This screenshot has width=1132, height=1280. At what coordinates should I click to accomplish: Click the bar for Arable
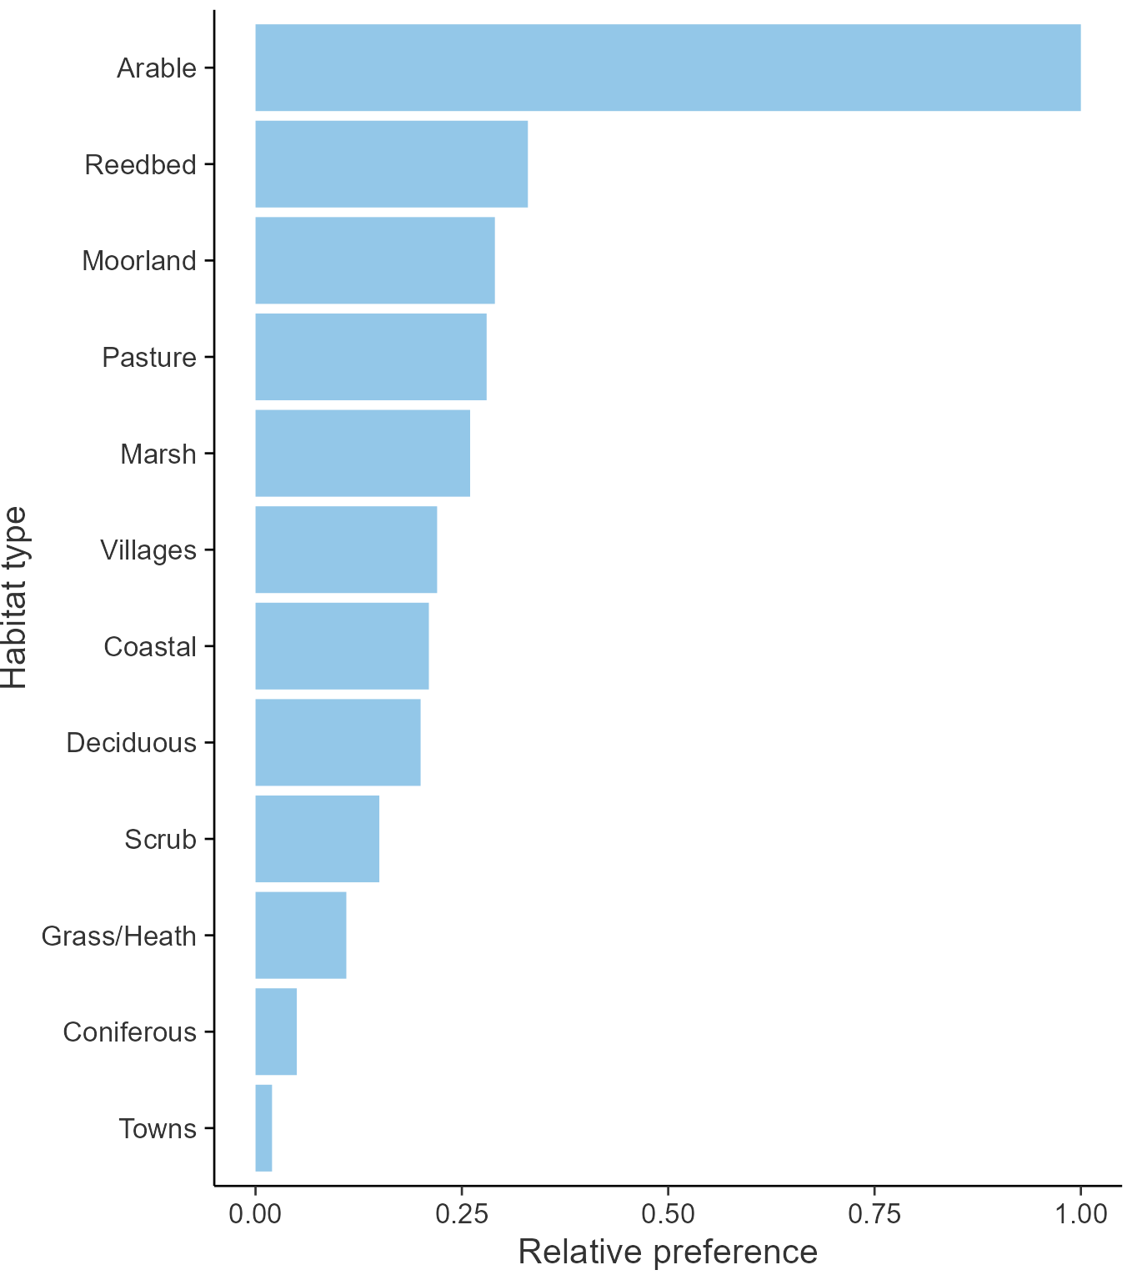667,68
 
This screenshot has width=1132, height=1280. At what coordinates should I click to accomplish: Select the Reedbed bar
391,163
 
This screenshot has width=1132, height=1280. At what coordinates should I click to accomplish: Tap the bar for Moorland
374,260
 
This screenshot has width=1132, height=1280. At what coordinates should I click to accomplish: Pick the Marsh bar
362,453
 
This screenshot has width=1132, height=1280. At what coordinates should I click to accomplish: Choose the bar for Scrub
317,838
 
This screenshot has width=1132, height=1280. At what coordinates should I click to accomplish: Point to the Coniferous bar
276,1032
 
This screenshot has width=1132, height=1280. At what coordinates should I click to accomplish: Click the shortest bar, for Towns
263,1127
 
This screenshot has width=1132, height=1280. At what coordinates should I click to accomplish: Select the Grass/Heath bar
300,935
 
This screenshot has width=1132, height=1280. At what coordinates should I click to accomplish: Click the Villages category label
148,550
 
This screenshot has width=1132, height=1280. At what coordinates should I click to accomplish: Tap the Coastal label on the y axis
150,646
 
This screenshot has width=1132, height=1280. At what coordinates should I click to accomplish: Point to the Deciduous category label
132,742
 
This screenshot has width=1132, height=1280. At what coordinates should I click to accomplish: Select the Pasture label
149,357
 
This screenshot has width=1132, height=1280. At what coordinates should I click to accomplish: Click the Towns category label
158,1128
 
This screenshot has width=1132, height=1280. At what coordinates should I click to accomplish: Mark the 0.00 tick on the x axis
255,1213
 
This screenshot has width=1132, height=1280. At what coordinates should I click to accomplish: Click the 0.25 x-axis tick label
461,1213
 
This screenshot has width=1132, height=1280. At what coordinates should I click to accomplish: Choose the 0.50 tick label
668,1213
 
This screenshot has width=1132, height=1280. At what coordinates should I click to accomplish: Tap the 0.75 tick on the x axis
874,1213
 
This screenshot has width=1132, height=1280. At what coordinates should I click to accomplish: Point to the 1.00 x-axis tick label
1080,1213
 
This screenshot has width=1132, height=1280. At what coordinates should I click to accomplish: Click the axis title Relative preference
668,1252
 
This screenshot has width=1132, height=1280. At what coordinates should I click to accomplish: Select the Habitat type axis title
15,597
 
